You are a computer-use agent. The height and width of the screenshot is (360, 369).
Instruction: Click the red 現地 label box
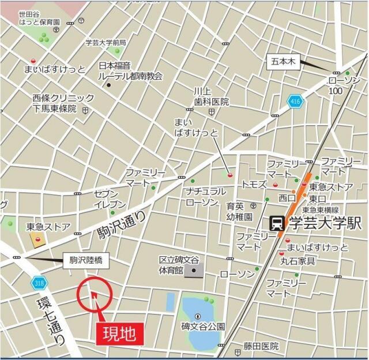(120, 333)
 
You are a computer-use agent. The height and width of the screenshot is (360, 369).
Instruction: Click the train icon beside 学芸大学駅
(277, 223)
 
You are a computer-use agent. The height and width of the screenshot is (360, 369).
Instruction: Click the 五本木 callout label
(283, 63)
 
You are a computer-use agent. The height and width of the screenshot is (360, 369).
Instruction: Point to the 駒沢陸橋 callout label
(82, 260)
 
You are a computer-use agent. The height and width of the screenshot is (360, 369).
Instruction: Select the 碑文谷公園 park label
(202, 327)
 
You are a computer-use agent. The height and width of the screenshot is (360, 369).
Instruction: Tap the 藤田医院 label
(261, 346)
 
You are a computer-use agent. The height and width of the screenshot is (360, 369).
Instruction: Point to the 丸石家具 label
(298, 260)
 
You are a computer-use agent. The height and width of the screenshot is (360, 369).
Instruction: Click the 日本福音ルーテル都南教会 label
(130, 71)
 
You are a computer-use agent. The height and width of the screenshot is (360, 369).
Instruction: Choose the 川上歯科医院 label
(210, 96)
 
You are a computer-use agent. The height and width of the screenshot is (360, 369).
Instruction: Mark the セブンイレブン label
(110, 198)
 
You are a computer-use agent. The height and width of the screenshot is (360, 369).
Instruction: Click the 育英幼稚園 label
(239, 211)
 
